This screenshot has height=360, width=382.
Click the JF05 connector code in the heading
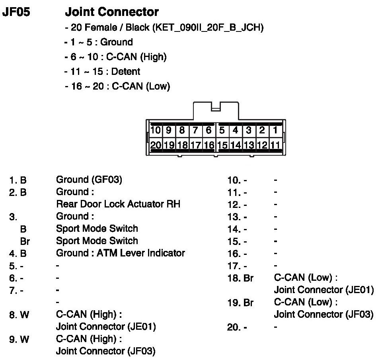pos(16,12)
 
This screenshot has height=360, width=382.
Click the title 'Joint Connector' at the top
pos(111,12)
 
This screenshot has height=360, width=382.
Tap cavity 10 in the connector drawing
pos(156,130)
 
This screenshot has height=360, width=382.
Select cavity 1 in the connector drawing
pos(275,130)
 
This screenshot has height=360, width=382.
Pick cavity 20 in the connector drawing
pos(156,145)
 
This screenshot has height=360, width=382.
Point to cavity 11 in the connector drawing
pos(275,145)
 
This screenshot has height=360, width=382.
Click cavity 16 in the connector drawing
pos(209,145)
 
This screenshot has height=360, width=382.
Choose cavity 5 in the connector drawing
pos(222,130)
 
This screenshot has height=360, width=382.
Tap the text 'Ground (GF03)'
pos(89,180)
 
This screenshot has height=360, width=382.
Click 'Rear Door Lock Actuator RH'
pos(118,204)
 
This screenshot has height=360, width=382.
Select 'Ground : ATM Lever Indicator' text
pos(120,253)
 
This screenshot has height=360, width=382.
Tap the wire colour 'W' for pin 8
pos(25,315)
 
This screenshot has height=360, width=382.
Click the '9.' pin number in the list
pos(13,340)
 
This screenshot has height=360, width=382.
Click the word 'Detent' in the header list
pos(126,72)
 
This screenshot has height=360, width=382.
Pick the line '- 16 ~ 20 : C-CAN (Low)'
pos(117,86)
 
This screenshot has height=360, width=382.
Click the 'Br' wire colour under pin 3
pos(25,241)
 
